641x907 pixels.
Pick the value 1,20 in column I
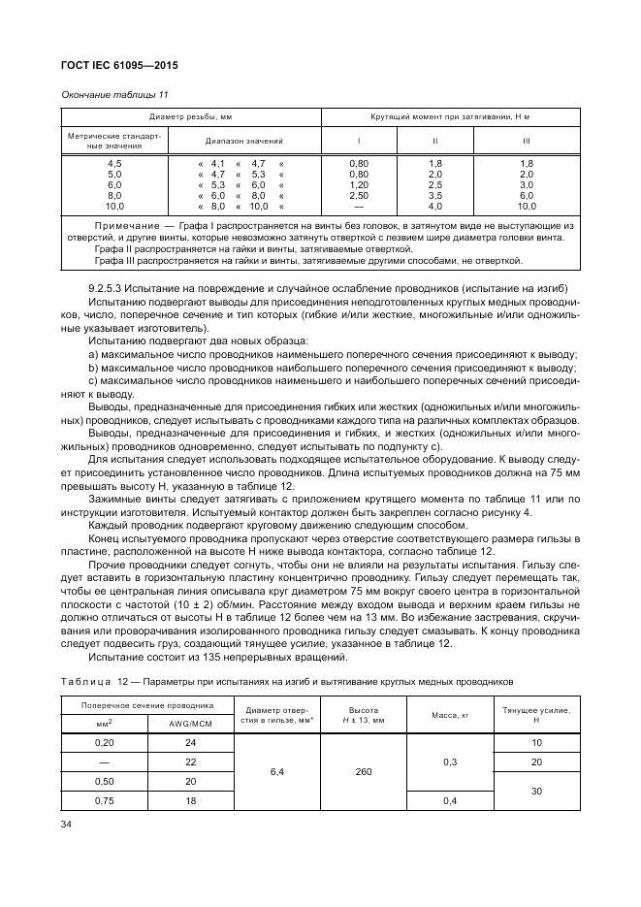(359, 184)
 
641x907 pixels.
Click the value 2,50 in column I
(359, 195)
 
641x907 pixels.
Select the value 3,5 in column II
(435, 195)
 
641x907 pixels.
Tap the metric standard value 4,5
(114, 163)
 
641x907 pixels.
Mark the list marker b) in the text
(92, 368)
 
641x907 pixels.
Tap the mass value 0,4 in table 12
(450, 800)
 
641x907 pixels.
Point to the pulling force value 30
(535, 791)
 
